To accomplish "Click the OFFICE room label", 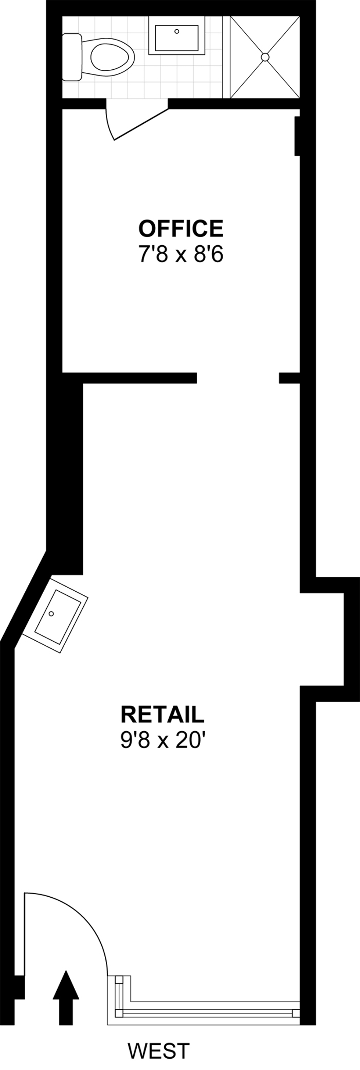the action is point(180,229).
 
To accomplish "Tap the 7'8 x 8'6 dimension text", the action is point(180,255).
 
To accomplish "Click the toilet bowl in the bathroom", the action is point(112,57).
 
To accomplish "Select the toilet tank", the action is point(72,57).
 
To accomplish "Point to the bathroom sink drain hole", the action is point(177,31).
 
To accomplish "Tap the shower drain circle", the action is point(265,57).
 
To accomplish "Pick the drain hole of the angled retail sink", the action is point(51,613).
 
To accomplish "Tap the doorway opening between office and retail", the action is point(238,378).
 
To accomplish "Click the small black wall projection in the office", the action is point(297,136).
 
